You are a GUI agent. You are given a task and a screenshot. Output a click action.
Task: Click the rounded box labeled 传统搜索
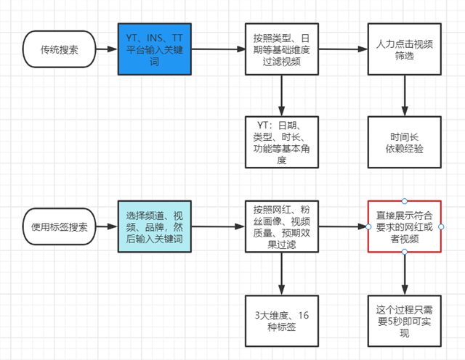pyautogui.click(x=60, y=49)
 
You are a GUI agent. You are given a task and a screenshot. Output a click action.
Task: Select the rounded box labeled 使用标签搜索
pyautogui.click(x=60, y=226)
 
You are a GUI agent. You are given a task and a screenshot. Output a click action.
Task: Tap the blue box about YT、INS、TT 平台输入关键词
pyautogui.click(x=154, y=49)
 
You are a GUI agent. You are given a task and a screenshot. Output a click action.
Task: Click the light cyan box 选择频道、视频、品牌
pyautogui.click(x=154, y=226)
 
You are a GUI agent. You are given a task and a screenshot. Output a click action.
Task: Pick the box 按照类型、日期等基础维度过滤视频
pyautogui.click(x=280, y=49)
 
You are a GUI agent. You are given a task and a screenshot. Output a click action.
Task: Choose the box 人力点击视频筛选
pyautogui.click(x=405, y=49)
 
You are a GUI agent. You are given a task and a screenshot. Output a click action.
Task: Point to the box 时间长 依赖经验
pyautogui.click(x=405, y=143)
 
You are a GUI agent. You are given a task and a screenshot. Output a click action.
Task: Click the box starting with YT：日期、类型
pyautogui.click(x=280, y=142)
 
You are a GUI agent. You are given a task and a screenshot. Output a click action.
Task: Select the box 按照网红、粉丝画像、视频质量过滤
pyautogui.click(x=280, y=226)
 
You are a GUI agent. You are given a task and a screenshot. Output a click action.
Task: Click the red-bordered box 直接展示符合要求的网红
pyautogui.click(x=405, y=226)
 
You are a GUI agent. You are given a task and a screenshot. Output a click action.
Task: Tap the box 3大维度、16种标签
pyautogui.click(x=280, y=320)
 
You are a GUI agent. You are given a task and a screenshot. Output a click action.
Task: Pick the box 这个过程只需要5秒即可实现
pyautogui.click(x=405, y=320)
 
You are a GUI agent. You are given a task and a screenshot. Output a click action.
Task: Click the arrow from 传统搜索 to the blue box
pyautogui.click(x=107, y=49)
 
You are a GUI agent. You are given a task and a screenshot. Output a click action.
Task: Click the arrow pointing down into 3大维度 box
pyautogui.click(x=280, y=272)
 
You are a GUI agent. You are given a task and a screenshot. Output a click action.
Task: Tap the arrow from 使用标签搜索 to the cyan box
pyautogui.click(x=107, y=226)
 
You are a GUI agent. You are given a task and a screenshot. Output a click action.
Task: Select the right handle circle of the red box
pyautogui.click(x=441, y=226)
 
